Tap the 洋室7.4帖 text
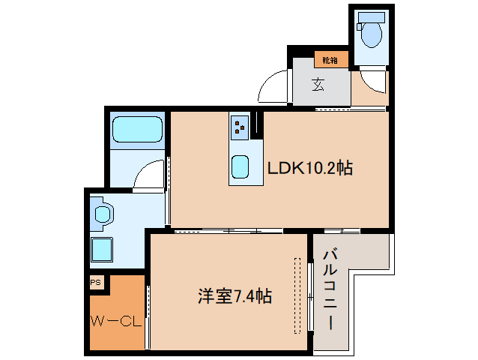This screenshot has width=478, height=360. pyautogui.click(x=235, y=297)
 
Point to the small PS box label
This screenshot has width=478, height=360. pyautogui.click(x=96, y=283)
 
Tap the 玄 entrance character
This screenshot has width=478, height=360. pyautogui.click(x=319, y=85)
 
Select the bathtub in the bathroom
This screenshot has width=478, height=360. pyautogui.click(x=137, y=132)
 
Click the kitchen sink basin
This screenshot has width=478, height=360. pyautogui.click(x=240, y=166)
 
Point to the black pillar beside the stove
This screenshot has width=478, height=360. pyautogui.click(x=255, y=124)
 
